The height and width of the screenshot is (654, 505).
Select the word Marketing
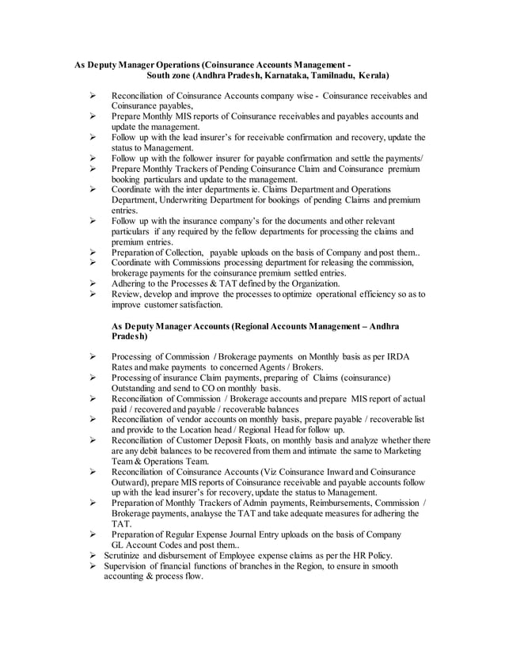[x=406, y=450]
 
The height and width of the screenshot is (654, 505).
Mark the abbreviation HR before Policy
[x=353, y=556]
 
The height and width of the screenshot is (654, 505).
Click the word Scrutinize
[x=127, y=556]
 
